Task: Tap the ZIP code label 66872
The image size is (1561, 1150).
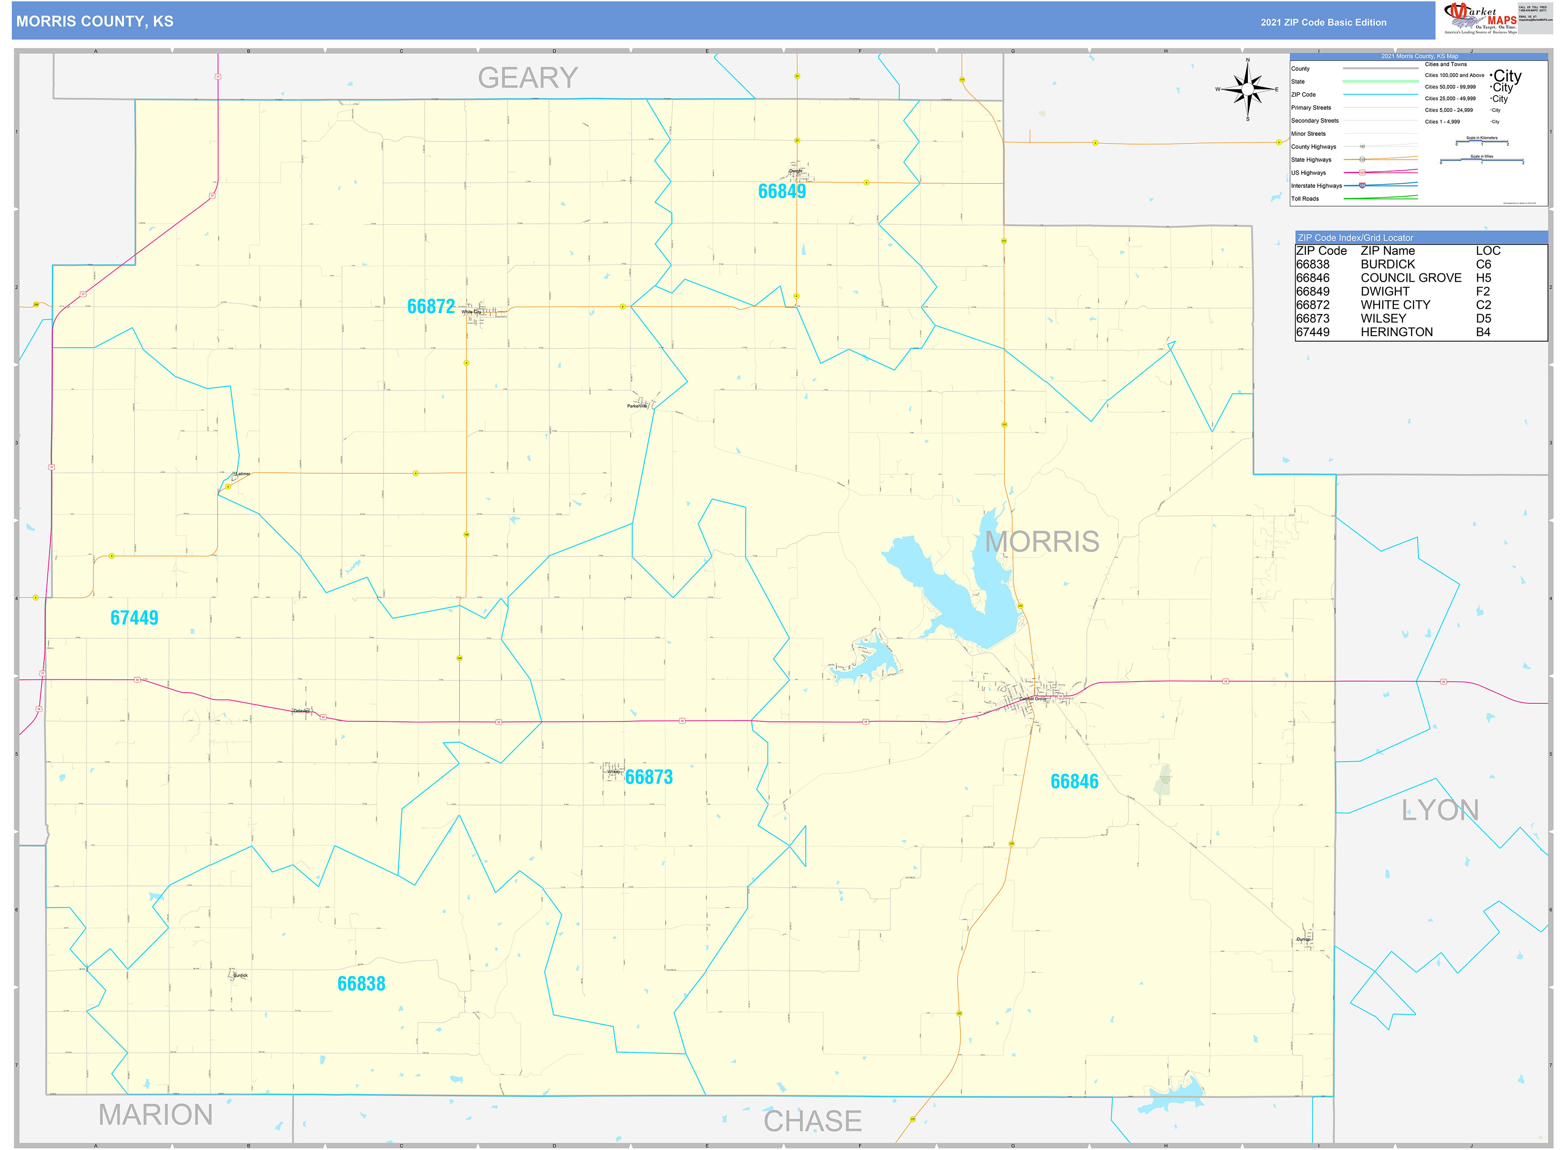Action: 430,306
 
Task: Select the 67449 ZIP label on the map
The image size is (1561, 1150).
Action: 134,617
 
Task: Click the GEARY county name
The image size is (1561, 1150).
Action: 527,77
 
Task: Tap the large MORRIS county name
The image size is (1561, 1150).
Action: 1042,541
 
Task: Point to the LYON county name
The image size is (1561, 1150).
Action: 1439,810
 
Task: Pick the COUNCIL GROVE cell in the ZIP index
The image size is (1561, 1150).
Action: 1411,278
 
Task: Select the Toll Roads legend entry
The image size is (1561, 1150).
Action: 1305,199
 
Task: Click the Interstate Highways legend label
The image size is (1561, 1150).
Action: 1316,186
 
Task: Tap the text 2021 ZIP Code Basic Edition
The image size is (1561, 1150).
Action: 1323,22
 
